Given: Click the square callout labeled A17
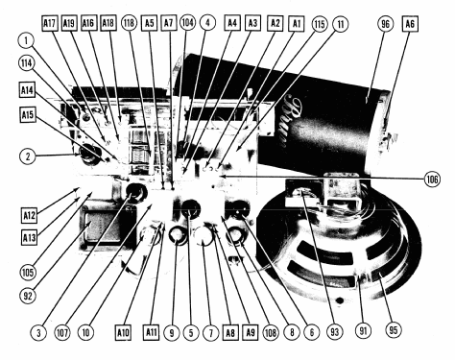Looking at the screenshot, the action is (50, 23).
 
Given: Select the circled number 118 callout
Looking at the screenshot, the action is (129, 23).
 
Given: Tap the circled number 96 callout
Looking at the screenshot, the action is (385, 24).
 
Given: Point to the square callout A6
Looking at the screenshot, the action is (410, 24).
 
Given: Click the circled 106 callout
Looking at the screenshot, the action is (432, 179).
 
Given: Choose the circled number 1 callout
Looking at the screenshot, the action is (27, 41).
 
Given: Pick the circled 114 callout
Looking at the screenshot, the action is (27, 63).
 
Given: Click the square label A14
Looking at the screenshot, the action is (27, 90).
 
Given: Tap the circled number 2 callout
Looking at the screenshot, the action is (28, 156).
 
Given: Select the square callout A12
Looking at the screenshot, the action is (29, 215).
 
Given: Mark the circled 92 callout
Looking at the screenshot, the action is (28, 296).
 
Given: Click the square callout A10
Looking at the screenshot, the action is (123, 333).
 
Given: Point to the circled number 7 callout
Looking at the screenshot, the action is (211, 333).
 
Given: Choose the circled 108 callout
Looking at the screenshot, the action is (271, 333).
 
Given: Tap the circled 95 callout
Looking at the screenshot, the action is (393, 329).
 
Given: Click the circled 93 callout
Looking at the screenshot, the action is (335, 332).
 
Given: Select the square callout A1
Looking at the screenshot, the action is (297, 23).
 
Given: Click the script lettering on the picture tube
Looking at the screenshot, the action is (291, 121).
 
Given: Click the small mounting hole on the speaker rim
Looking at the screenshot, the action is (340, 300).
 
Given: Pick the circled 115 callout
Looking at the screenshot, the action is (320, 24).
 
